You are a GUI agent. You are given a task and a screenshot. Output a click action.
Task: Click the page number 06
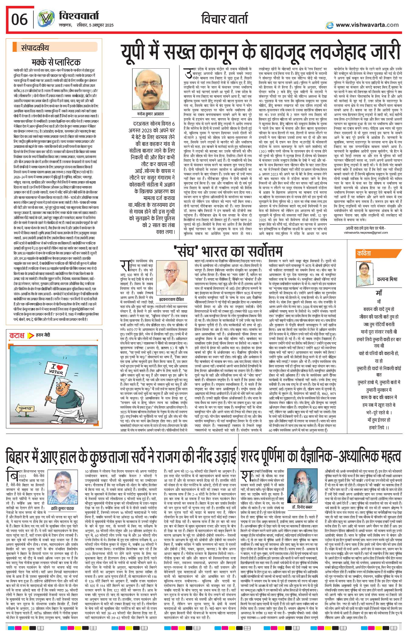click(19, 19)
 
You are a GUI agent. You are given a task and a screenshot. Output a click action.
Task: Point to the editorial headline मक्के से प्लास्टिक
click(56, 62)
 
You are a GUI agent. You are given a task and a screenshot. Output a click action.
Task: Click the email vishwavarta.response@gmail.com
click(366, 232)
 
